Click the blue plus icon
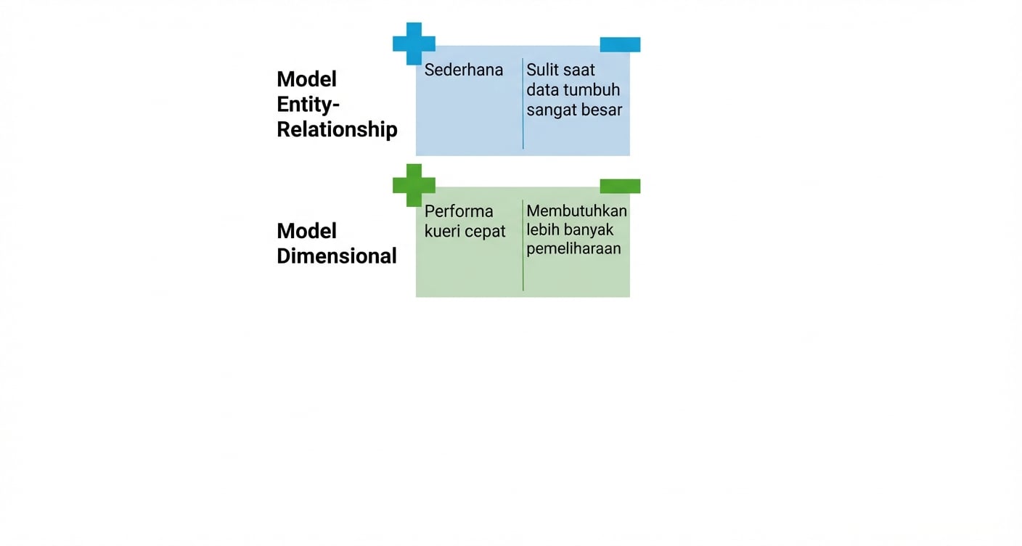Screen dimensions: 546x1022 (414, 43)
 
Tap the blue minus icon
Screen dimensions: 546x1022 (620, 45)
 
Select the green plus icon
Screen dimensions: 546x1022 (414, 184)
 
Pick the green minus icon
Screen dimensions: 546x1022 (620, 187)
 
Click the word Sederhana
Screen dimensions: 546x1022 (464, 70)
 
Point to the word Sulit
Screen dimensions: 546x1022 (542, 70)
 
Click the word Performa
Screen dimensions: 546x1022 (459, 212)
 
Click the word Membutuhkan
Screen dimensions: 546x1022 (576, 211)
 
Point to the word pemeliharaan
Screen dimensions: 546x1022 (573, 249)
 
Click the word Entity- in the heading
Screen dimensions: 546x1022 (308, 105)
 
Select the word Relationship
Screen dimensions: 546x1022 (337, 130)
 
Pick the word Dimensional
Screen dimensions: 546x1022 (337, 256)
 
